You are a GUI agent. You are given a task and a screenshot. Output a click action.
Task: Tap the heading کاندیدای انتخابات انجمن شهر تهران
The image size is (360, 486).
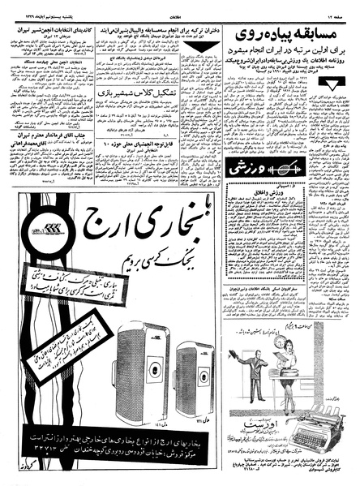tap(49, 32)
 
